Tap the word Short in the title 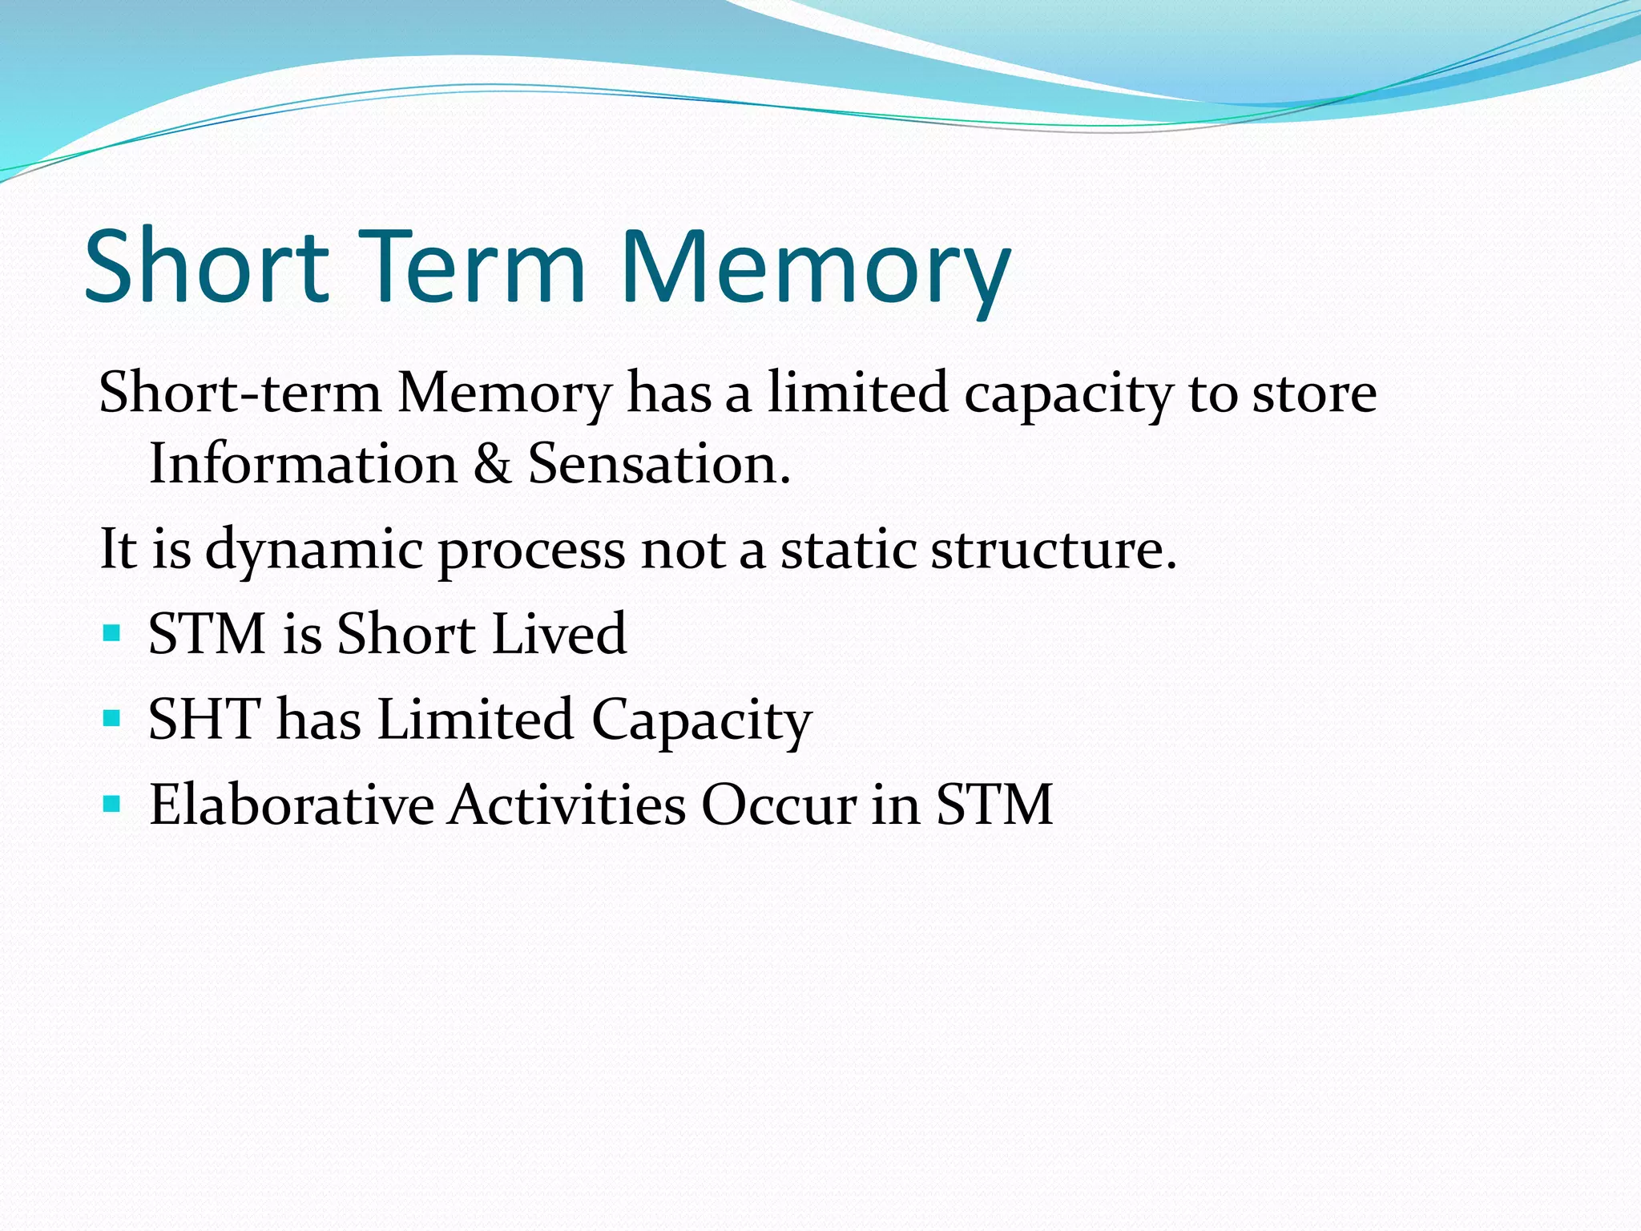pyautogui.click(x=207, y=266)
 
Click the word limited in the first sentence pyautogui.click(x=858, y=393)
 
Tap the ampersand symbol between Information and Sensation pyautogui.click(x=492, y=464)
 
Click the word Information pyautogui.click(x=303, y=464)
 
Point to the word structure pyautogui.click(x=1053, y=550)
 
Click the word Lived pyautogui.click(x=558, y=634)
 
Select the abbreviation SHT pyautogui.click(x=205, y=719)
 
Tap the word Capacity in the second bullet pyautogui.click(x=701, y=721)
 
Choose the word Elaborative pyautogui.click(x=292, y=805)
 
